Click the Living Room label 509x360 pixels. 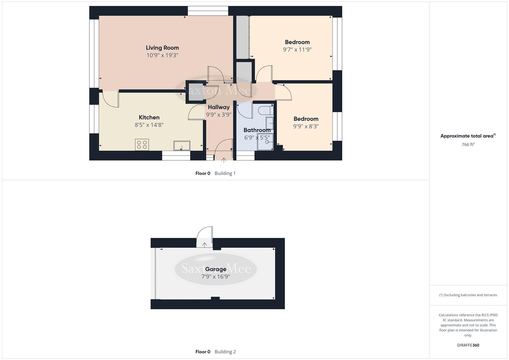162,48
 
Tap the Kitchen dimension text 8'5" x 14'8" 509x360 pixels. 149,125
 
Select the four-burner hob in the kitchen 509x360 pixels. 142,145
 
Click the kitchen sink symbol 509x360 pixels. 182,146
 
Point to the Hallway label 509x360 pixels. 219,107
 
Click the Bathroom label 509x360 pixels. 257,130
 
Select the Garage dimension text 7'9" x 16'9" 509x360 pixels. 216,277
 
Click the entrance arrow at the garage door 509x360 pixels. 204,245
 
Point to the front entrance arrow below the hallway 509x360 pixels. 224,160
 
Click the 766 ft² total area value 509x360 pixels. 468,144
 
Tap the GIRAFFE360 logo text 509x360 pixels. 468,345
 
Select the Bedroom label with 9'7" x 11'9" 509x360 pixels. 297,42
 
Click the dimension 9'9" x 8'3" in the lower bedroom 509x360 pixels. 306,126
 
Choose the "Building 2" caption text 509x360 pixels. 225,352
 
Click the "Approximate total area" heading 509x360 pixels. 467,136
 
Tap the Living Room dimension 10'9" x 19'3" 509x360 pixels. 162,55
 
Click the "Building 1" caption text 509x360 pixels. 225,173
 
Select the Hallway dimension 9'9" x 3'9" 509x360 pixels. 219,115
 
